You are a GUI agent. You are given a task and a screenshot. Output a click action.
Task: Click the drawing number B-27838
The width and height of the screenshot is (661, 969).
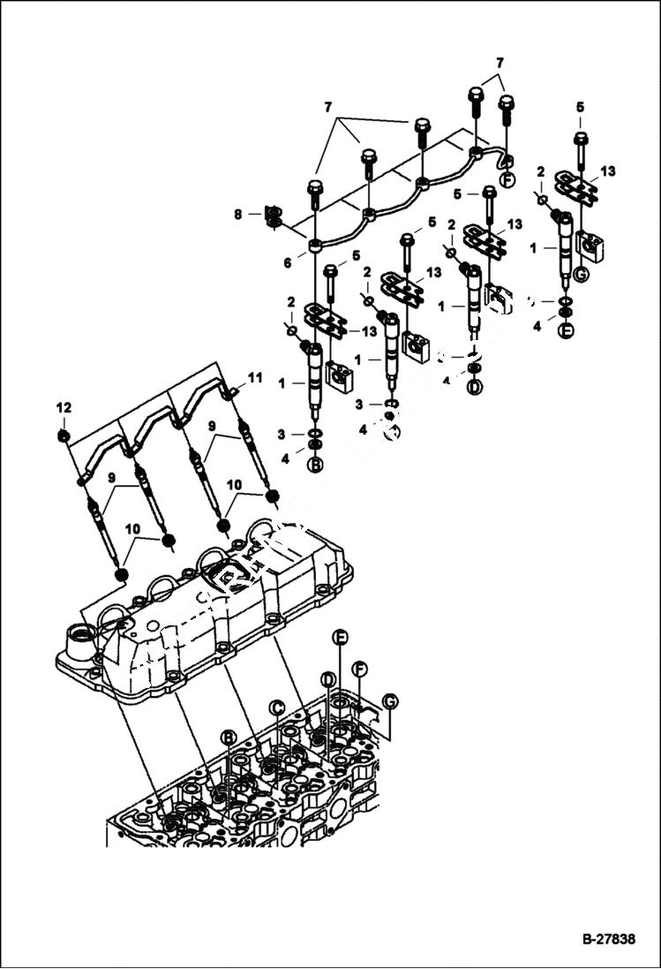click(608, 940)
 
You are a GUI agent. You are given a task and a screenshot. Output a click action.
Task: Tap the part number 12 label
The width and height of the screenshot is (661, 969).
click(64, 408)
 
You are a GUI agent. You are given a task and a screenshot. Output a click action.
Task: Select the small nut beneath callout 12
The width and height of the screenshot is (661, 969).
click(64, 435)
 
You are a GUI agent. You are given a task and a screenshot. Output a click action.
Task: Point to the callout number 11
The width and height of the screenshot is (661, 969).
click(255, 378)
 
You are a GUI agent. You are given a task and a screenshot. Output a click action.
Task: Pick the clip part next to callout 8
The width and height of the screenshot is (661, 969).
click(273, 216)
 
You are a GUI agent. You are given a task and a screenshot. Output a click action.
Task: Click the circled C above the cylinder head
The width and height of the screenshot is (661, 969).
click(277, 707)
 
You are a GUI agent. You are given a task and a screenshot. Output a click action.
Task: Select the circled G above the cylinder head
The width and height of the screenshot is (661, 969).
click(389, 701)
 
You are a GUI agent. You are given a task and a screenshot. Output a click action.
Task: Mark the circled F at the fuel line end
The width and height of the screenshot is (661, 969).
click(507, 180)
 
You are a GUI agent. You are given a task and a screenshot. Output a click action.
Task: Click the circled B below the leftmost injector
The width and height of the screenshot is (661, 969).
click(315, 466)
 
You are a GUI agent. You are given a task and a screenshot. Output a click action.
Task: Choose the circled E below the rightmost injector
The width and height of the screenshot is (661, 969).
click(566, 332)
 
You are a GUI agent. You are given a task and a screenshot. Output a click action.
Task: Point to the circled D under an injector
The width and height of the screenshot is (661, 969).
click(475, 388)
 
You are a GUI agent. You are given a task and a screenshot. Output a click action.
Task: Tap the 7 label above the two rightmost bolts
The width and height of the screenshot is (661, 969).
click(500, 64)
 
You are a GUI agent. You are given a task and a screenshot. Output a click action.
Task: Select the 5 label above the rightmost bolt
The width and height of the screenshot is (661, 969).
click(580, 107)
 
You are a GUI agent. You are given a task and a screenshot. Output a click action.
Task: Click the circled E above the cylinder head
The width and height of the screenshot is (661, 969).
click(340, 638)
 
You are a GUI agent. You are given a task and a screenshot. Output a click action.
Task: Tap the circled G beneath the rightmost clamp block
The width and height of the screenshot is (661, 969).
click(580, 274)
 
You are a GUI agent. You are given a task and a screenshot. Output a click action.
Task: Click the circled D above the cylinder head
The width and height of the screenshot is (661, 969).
click(327, 679)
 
